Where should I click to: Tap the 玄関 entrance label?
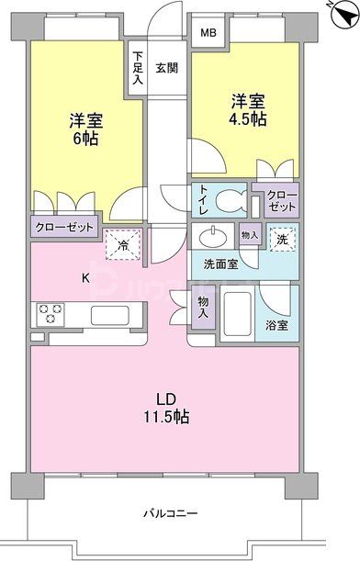click(166, 67)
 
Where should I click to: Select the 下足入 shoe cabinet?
click(137, 67)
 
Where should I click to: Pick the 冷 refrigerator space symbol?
click(121, 245)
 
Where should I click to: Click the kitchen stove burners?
click(50, 314)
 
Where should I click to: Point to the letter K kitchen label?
click(86, 277)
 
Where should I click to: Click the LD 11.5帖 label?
click(165, 408)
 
